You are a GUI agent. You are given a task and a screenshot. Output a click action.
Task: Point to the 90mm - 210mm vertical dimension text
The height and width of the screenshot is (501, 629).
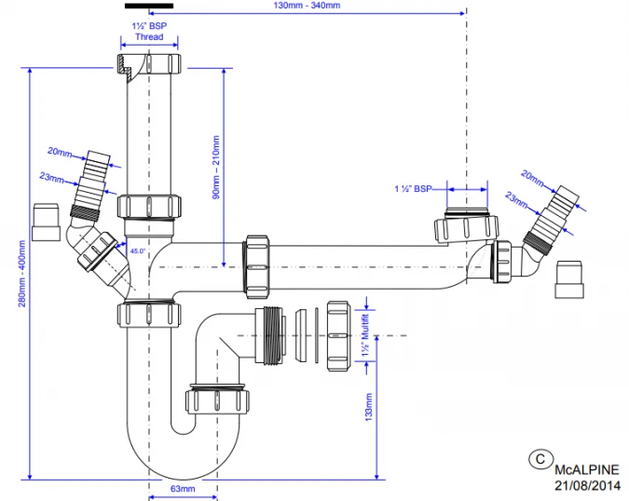point(215,169)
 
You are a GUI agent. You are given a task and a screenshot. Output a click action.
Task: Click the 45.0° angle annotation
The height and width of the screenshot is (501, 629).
point(137,251)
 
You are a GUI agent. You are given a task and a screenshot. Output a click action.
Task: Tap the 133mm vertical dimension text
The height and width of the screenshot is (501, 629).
point(368,408)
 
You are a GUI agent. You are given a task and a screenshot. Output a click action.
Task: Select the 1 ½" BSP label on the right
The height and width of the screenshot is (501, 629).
point(413,189)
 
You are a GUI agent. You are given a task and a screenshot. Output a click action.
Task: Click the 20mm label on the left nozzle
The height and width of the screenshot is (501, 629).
point(60,151)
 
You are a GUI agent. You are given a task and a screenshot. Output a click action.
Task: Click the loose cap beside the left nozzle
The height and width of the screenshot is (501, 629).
point(46,222)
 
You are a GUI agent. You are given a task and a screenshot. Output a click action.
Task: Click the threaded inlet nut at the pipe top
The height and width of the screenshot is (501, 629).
point(149,64)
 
